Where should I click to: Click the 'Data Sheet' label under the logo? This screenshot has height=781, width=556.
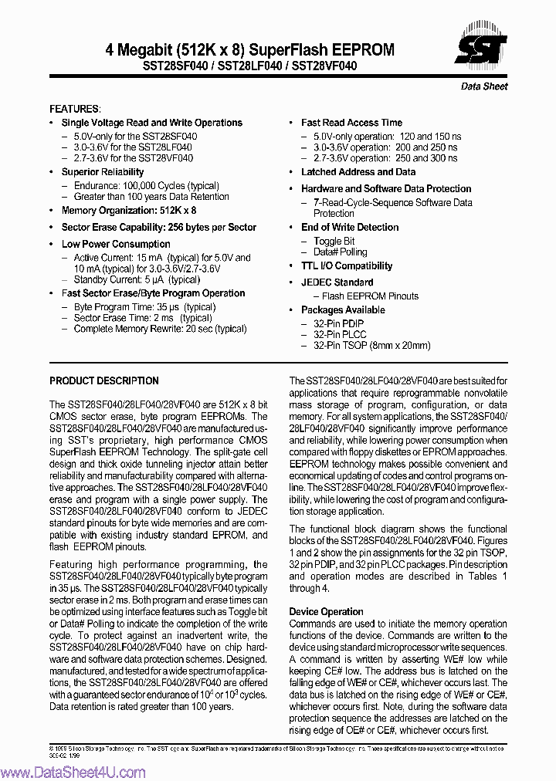click(x=484, y=86)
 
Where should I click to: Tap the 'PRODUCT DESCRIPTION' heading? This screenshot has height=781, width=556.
click(x=104, y=380)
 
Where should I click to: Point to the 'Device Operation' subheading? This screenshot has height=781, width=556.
click(x=326, y=611)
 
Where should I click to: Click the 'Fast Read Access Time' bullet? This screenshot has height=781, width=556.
click(x=351, y=123)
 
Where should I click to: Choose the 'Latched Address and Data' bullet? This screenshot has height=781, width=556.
click(x=358, y=172)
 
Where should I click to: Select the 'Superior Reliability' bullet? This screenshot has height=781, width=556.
click(x=103, y=172)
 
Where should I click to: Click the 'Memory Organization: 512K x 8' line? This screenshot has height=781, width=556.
click(x=129, y=210)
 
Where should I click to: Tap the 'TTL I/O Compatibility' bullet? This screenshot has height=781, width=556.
click(x=347, y=266)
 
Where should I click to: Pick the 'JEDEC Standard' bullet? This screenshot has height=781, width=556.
click(x=337, y=282)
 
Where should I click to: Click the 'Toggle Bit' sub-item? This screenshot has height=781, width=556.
click(x=334, y=241)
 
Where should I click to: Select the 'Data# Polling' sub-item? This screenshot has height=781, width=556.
click(x=340, y=252)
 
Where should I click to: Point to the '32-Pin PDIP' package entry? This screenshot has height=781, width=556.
click(x=338, y=323)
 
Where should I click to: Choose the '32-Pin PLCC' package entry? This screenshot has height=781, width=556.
click(x=339, y=335)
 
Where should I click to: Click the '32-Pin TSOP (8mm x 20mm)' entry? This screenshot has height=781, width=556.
click(x=371, y=347)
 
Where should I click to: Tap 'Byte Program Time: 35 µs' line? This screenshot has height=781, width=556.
click(x=144, y=306)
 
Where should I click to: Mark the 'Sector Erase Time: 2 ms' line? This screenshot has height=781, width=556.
click(x=142, y=318)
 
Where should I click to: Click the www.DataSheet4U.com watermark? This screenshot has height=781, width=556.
click(x=73, y=773)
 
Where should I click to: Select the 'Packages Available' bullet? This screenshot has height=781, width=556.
click(x=343, y=310)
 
